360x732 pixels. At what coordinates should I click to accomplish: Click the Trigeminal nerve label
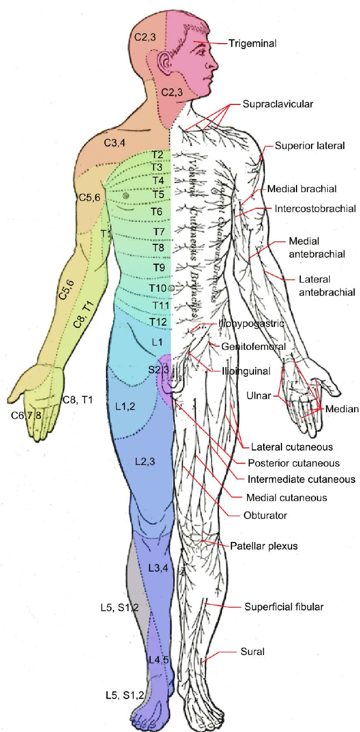[x=252, y=43]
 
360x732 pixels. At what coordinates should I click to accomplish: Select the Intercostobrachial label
[x=315, y=208]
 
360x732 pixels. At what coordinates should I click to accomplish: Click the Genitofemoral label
[x=253, y=347]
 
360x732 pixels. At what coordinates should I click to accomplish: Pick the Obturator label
[x=266, y=515]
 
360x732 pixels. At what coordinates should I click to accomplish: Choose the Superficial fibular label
[x=284, y=607]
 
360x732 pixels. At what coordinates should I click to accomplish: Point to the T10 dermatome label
[x=158, y=289]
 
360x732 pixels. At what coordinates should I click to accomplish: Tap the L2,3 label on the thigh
[x=146, y=461]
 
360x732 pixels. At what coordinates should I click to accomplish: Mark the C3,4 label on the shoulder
[x=115, y=143]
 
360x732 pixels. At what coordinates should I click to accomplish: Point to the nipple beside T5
[x=126, y=196]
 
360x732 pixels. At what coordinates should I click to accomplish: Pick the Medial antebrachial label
[x=304, y=245]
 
